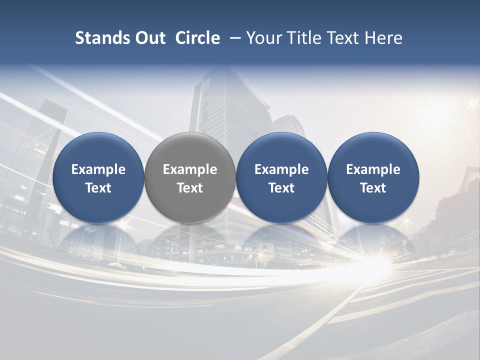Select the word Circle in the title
click(x=197, y=38)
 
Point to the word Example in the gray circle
click(x=190, y=169)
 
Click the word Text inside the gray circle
click(x=190, y=188)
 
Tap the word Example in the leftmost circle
click(x=98, y=169)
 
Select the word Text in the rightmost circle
click(x=373, y=188)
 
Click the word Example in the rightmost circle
click(x=373, y=169)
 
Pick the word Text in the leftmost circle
click(x=98, y=188)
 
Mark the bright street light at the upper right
click(x=471, y=104)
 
